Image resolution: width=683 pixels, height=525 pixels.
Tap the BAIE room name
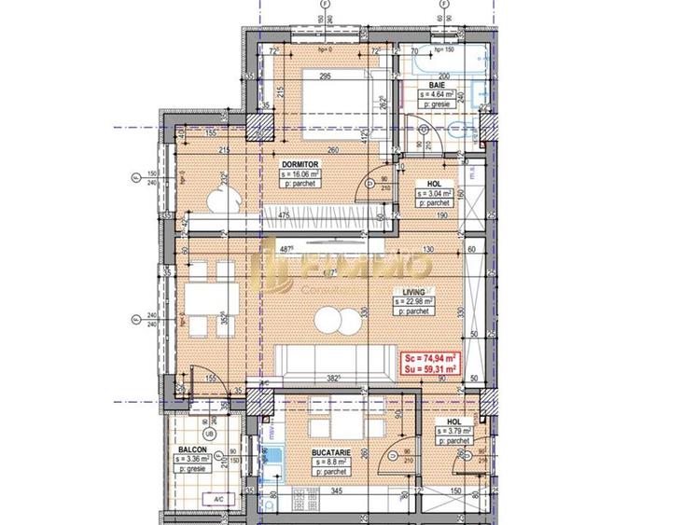pos(436,85)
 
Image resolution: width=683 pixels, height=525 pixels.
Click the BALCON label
pos(193,449)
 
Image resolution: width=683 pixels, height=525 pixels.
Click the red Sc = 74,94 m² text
pos(429,358)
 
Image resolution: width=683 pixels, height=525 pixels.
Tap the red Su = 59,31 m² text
pos(429,369)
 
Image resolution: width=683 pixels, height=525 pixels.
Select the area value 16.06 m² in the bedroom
pos(301,173)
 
